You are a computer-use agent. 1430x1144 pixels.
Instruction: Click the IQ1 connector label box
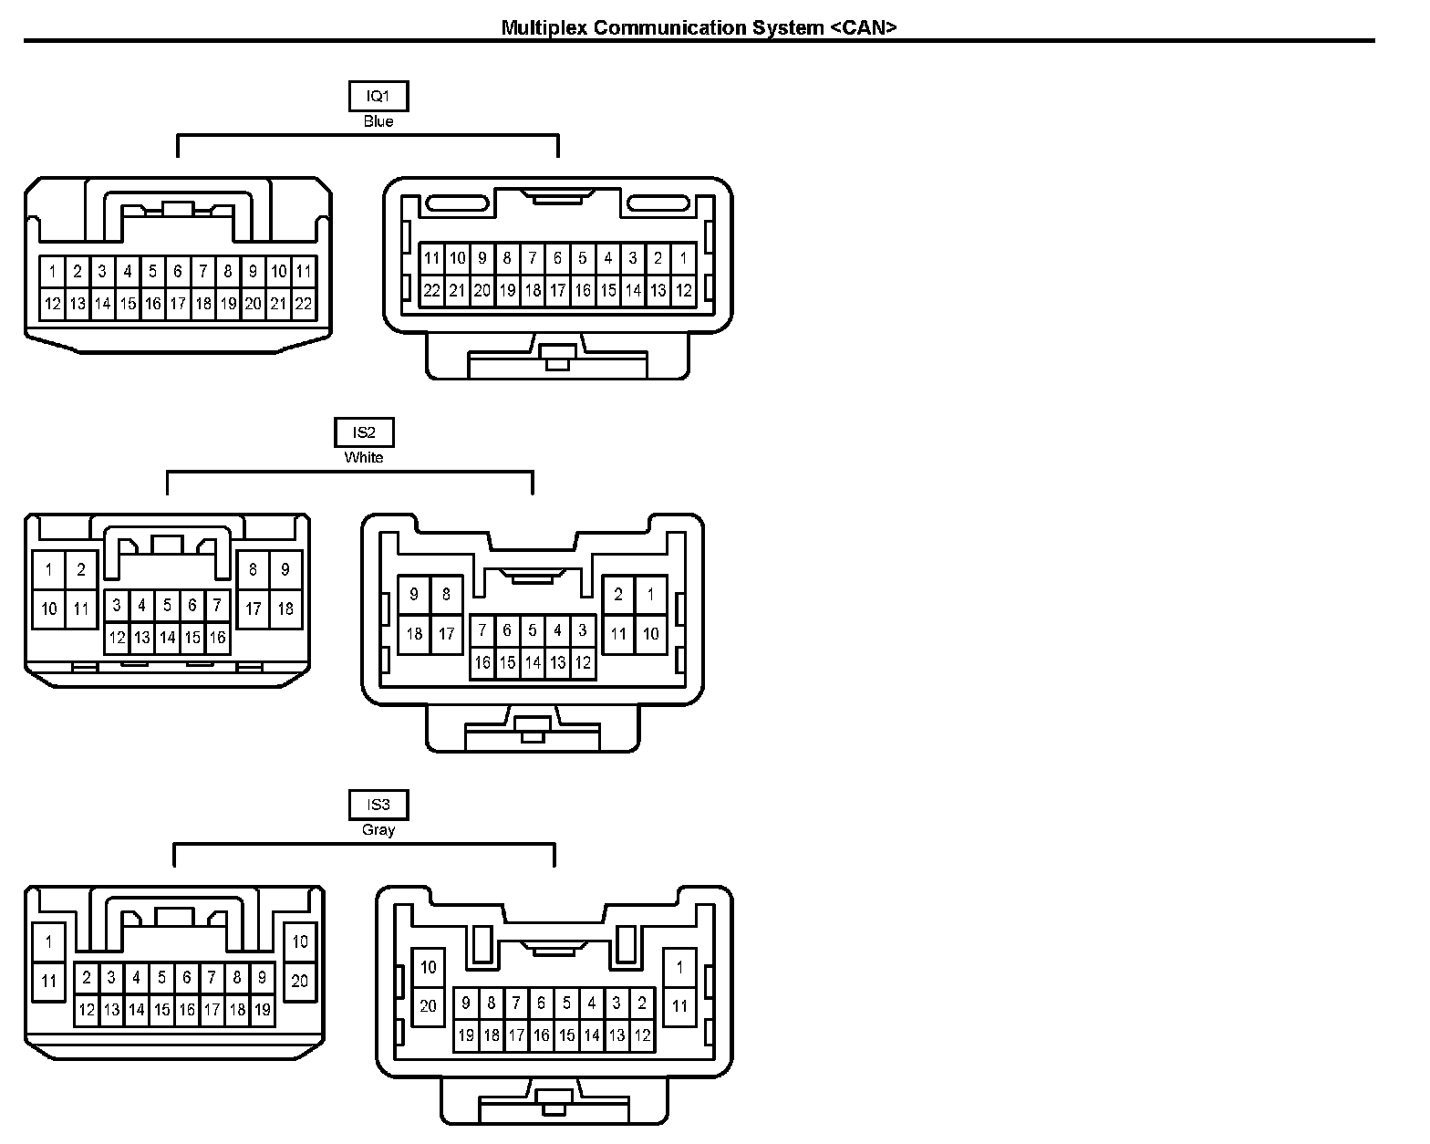tap(378, 96)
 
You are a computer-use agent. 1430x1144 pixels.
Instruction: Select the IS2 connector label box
tap(364, 432)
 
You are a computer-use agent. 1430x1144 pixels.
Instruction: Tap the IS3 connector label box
tap(378, 805)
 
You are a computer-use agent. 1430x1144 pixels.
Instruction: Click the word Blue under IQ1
tap(378, 121)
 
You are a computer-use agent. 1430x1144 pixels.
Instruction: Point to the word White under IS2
tap(364, 458)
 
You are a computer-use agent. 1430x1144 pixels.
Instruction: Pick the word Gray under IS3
tap(378, 830)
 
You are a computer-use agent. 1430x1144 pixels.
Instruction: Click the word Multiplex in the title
tap(544, 27)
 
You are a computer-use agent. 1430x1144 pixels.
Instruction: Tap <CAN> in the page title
tap(864, 27)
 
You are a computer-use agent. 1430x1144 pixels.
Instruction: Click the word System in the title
tap(787, 27)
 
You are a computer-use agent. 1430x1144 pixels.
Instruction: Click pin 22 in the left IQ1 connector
tap(304, 304)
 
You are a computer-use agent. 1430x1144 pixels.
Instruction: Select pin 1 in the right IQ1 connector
tap(683, 258)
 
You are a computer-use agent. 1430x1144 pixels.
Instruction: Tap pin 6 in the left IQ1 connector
tap(178, 271)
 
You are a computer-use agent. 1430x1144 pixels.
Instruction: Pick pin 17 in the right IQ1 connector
tap(557, 291)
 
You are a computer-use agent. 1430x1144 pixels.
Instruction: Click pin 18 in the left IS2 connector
tap(285, 608)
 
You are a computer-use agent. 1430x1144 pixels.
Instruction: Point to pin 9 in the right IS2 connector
tap(414, 595)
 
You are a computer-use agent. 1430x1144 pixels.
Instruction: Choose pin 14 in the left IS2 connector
tap(167, 638)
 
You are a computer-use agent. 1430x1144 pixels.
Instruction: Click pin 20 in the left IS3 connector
tap(300, 981)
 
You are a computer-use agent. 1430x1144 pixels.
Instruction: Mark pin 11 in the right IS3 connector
tap(679, 1006)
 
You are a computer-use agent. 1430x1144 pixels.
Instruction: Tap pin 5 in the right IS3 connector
tap(566, 1004)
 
